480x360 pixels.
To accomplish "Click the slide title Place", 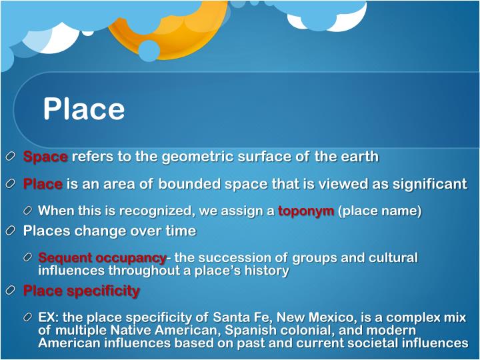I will click(x=84, y=109).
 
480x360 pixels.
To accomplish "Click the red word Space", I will click(x=45, y=157).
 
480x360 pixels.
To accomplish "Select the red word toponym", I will click(x=306, y=211).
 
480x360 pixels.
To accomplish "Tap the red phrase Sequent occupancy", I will click(x=102, y=257).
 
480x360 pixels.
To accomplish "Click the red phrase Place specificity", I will click(x=81, y=291).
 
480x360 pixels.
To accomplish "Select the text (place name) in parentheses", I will click(x=380, y=211).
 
